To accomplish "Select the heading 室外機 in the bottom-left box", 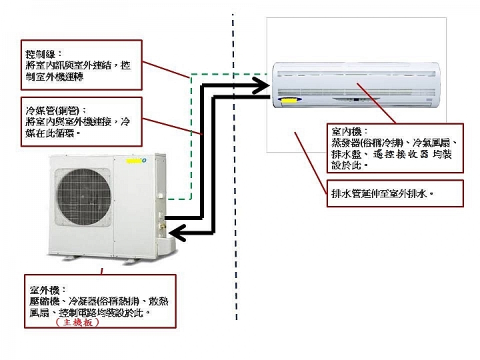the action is (44, 290).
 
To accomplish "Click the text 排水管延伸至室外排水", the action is (379, 194).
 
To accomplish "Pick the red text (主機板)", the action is (78, 322).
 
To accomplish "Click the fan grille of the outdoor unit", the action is (83, 197).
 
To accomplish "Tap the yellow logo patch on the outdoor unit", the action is (135, 161).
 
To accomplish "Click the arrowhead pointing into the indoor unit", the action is (262, 85).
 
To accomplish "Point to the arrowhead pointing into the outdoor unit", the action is (177, 233).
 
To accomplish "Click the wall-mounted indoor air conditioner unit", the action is (356, 85).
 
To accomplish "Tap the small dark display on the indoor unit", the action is (356, 99).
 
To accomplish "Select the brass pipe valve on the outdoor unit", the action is (162, 227).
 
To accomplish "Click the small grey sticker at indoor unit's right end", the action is (429, 100).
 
